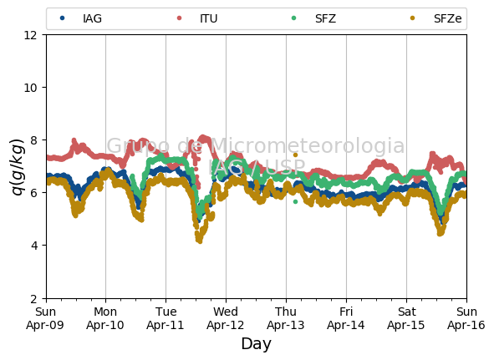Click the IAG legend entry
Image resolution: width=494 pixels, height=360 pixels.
(81, 18)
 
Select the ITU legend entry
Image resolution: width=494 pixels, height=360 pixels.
(197, 18)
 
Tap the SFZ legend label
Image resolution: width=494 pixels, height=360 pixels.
(325, 18)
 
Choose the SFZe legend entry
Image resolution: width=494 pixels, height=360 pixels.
(436, 18)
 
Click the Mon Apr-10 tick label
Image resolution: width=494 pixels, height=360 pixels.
(105, 318)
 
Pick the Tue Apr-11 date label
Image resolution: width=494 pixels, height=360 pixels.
(166, 318)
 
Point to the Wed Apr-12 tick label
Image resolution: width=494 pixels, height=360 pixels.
(226, 318)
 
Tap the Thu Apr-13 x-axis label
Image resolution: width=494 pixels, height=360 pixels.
(286, 318)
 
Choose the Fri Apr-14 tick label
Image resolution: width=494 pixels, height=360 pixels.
(346, 318)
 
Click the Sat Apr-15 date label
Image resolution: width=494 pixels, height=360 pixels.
(406, 318)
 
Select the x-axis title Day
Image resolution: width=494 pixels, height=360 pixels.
(256, 344)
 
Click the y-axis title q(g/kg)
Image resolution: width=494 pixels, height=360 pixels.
(18, 167)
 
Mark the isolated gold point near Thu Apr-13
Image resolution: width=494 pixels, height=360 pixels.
(295, 155)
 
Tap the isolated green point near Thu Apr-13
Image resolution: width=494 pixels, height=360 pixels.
(295, 202)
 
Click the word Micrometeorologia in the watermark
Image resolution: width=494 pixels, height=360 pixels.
(308, 146)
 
